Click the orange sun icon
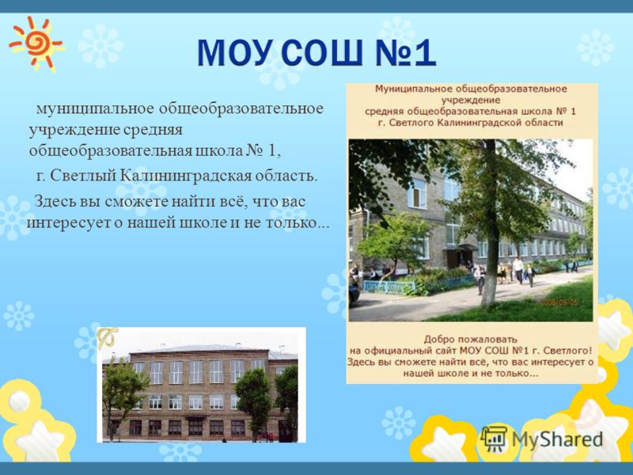tap(36, 44)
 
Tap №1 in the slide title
tap(405, 53)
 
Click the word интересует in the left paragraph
tap(68, 223)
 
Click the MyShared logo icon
tap(493, 439)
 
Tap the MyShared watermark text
tap(558, 440)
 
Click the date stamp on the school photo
tap(559, 302)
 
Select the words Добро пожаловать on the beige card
tap(470, 339)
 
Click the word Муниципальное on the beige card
tap(410, 89)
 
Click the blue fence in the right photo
tap(389, 287)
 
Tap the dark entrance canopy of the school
tap(461, 247)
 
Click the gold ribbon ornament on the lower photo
tap(108, 337)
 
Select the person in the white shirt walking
tap(518, 270)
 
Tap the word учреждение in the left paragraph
tap(74, 131)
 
